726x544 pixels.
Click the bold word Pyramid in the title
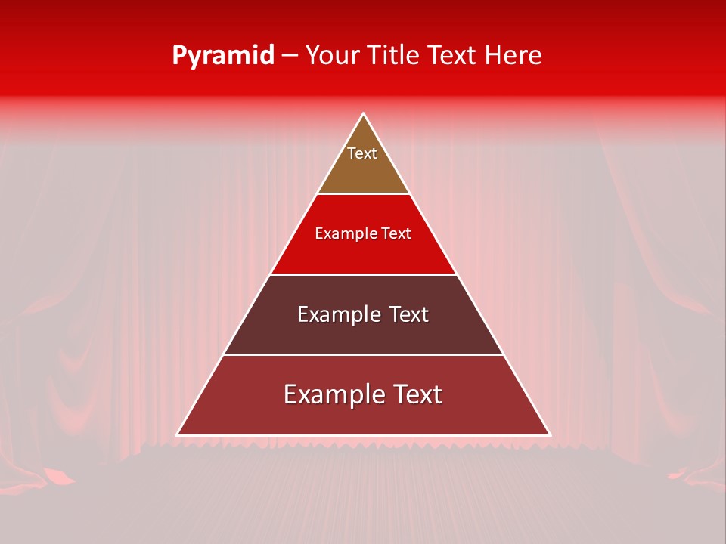pos(223,56)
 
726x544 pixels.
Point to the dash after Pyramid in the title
pos(290,56)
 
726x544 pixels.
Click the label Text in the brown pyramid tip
pos(362,153)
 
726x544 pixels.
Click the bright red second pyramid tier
pos(363,253)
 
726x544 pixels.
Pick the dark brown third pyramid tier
pos(363,336)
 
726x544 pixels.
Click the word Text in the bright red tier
pos(396,234)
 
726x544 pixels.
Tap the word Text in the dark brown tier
pos(409,314)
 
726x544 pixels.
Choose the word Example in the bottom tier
pos(330,394)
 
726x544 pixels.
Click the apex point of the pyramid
pos(363,114)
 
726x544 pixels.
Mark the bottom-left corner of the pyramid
pos(178,434)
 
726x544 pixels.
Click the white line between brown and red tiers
pos(363,194)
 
